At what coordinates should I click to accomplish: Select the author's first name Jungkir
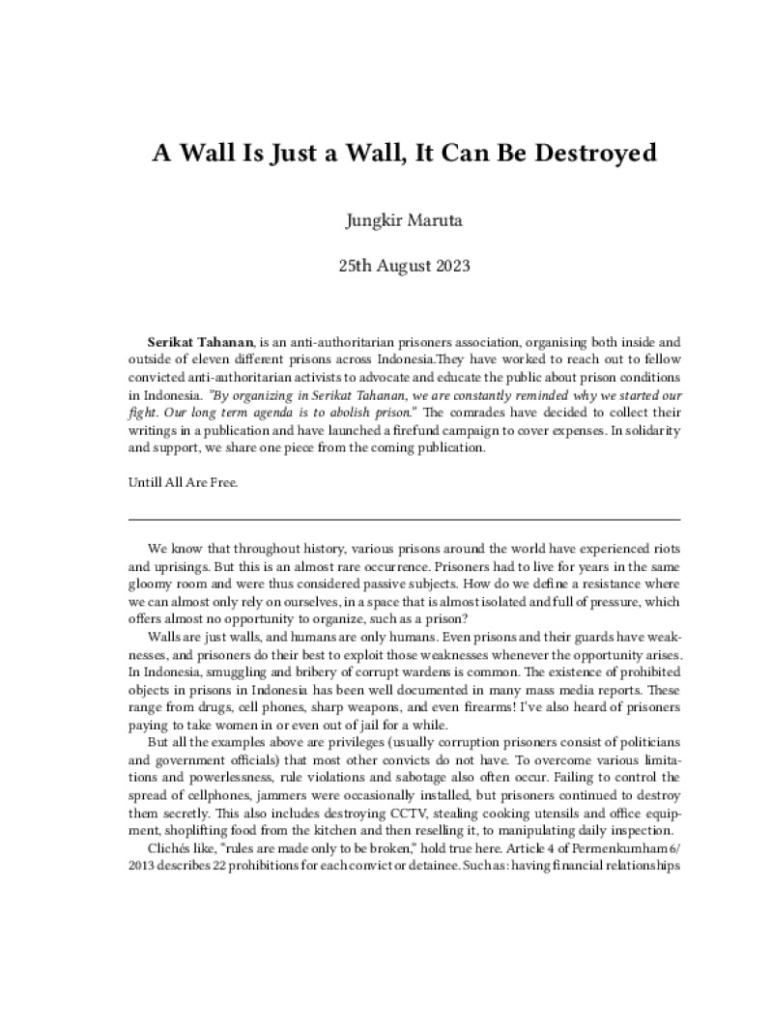point(372,220)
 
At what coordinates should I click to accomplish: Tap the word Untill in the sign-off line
point(147,483)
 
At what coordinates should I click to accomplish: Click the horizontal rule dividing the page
point(386,521)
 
